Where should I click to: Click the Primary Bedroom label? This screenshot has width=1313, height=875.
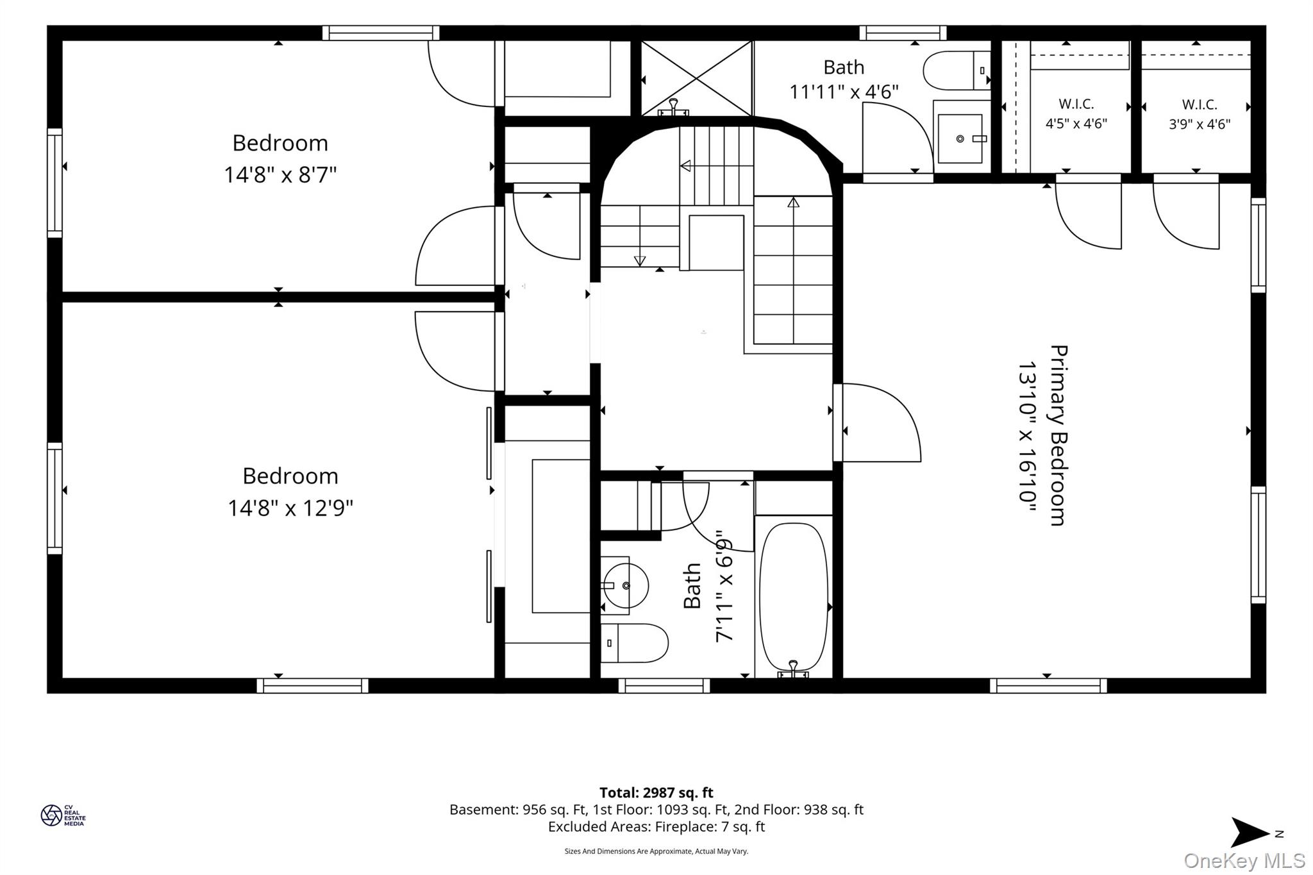1058,435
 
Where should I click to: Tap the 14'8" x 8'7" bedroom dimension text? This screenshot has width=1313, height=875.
280,174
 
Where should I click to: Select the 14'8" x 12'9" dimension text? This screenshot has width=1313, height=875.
290,508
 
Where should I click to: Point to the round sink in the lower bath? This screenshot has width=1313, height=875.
624,585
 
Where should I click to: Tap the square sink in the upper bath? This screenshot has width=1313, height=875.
960,138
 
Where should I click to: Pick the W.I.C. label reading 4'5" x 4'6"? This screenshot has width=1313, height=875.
1076,114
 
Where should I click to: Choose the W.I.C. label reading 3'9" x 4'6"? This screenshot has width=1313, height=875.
1200,114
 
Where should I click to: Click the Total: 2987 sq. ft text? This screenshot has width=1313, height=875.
656,793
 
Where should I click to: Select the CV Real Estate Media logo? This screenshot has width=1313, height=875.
63,815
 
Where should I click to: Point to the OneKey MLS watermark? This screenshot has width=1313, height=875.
1244,860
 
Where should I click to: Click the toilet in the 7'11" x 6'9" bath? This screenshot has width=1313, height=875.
634,643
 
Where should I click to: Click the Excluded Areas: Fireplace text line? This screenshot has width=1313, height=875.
656,827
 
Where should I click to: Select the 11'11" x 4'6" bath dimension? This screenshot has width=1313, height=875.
844,92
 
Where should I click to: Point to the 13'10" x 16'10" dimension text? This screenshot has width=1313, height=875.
1028,437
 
